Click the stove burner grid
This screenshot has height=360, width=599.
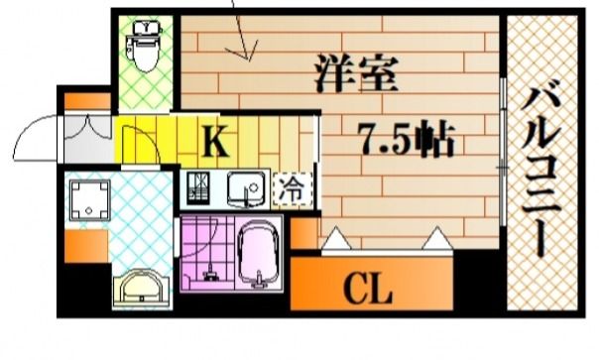click(198, 187)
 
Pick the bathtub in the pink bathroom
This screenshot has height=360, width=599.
click(262, 254)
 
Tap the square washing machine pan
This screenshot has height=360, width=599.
click(94, 200)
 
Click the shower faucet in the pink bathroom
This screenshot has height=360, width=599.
click(210, 266)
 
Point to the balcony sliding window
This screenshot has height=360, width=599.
click(504, 139)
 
